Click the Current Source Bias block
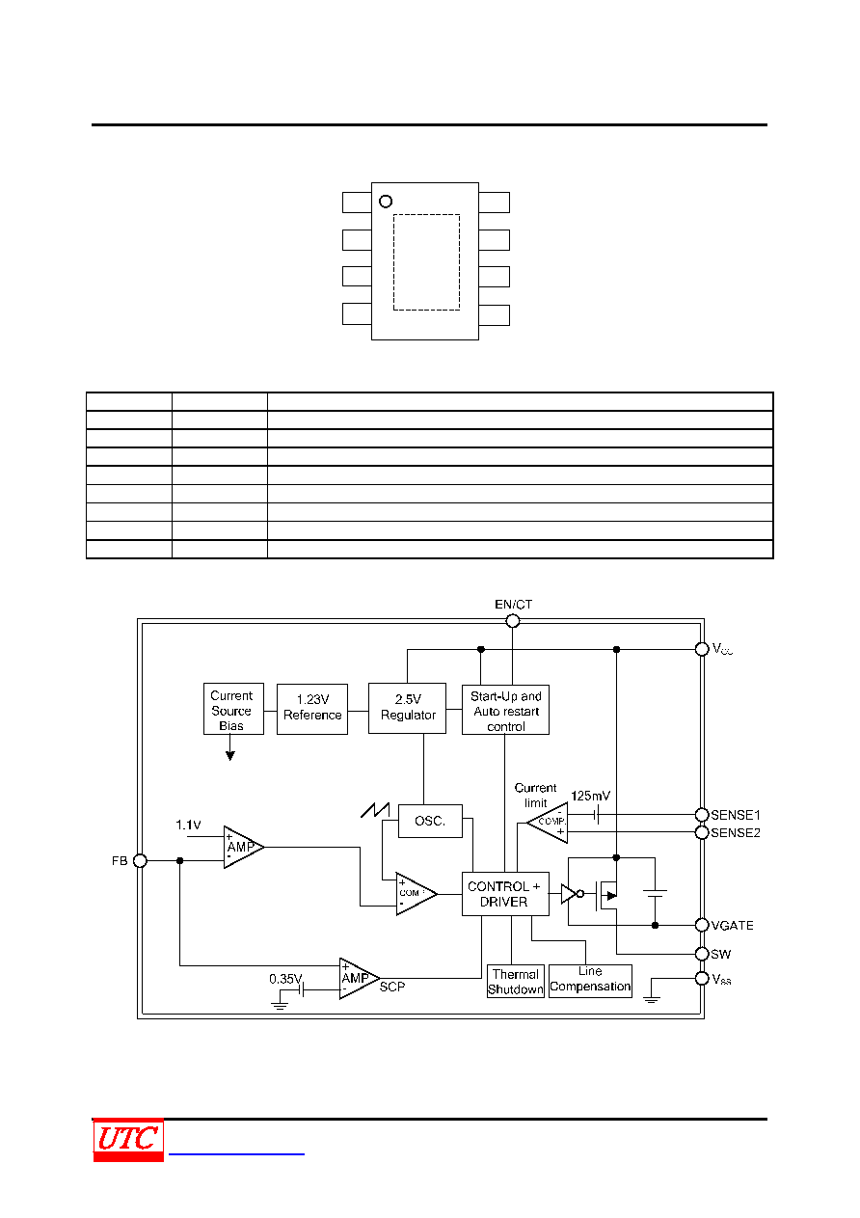(x=233, y=709)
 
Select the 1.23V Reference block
(x=312, y=709)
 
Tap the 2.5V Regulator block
(x=407, y=709)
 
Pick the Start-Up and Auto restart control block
(x=505, y=710)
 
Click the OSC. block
(x=430, y=821)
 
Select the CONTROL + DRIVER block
(x=505, y=894)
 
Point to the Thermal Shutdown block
(x=516, y=981)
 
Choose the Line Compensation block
(x=590, y=981)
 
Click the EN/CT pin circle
(x=513, y=621)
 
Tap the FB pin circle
(x=140, y=861)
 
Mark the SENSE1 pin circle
(x=702, y=815)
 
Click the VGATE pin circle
(x=702, y=925)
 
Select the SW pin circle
(x=702, y=954)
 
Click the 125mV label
(x=590, y=796)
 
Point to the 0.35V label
(x=285, y=979)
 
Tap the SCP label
(x=392, y=987)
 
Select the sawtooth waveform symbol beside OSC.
(x=375, y=810)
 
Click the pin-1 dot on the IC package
(x=386, y=202)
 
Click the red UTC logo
(x=128, y=1140)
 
